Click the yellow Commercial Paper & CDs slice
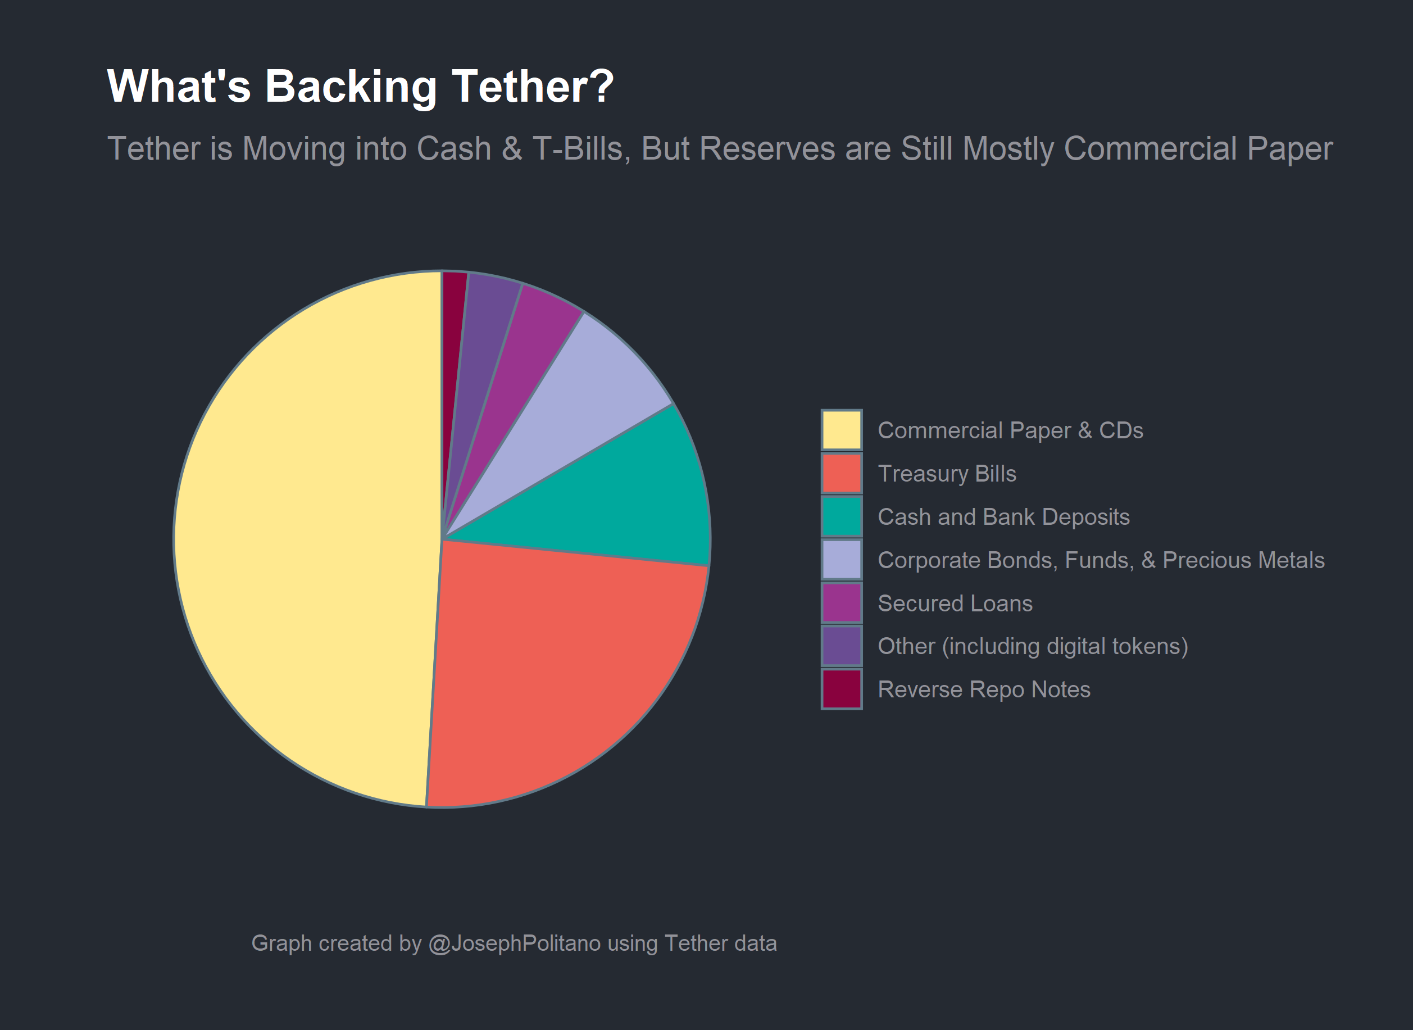coord(299,536)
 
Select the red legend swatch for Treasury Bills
coord(842,473)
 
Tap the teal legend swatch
coord(842,516)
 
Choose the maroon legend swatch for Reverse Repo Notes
coord(842,689)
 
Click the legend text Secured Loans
coord(955,604)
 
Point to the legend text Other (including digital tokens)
coord(1033,647)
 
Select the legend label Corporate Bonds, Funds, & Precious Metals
coord(1101,560)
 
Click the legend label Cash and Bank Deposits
coord(1003,517)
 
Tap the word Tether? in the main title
coord(533,86)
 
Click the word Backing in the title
coord(351,86)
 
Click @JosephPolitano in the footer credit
coord(515,943)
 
